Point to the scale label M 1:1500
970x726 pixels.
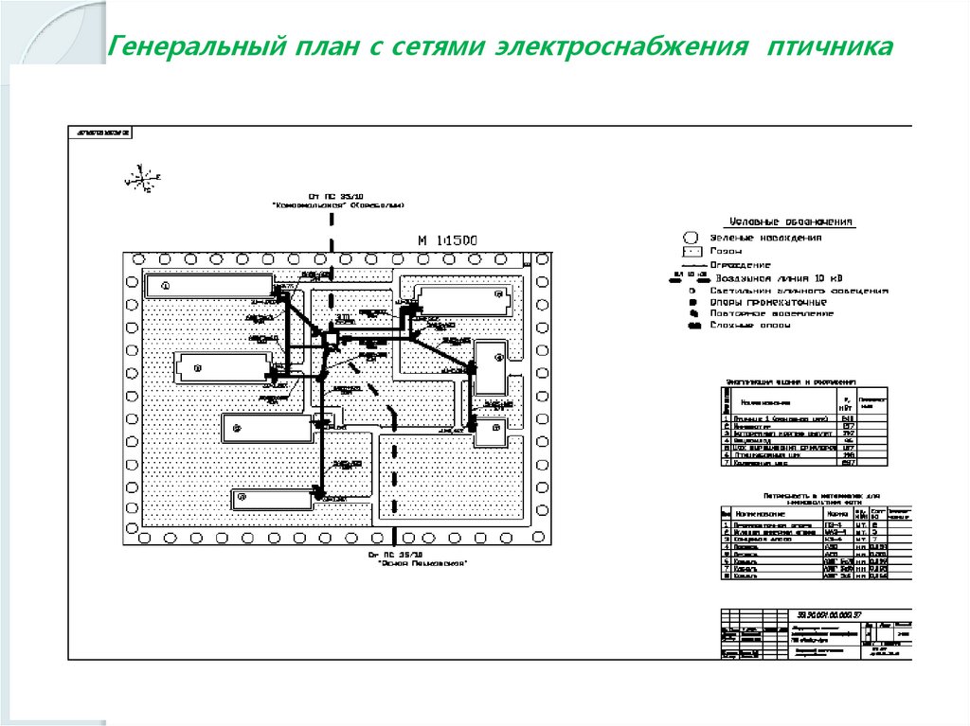[447, 240]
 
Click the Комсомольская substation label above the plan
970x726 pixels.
[337, 204]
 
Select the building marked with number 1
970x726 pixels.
[207, 285]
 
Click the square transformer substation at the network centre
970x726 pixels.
[332, 340]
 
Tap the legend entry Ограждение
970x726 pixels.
[740, 265]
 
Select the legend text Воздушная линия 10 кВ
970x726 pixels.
[779, 279]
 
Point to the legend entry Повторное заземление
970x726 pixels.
[774, 313]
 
